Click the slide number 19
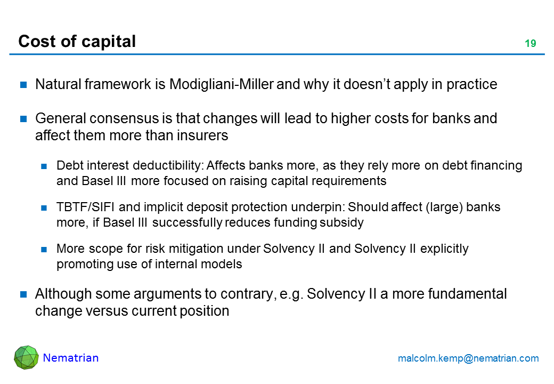[531, 44]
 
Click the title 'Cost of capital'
[77, 42]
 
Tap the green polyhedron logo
[26, 357]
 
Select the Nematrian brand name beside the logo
[71, 358]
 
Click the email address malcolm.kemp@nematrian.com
[468, 358]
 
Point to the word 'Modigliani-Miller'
[222, 84]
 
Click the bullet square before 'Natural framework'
[23, 85]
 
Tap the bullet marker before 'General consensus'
[23, 119]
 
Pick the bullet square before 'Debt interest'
[44, 166]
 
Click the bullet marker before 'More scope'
[44, 249]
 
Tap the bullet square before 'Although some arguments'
[23, 294]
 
